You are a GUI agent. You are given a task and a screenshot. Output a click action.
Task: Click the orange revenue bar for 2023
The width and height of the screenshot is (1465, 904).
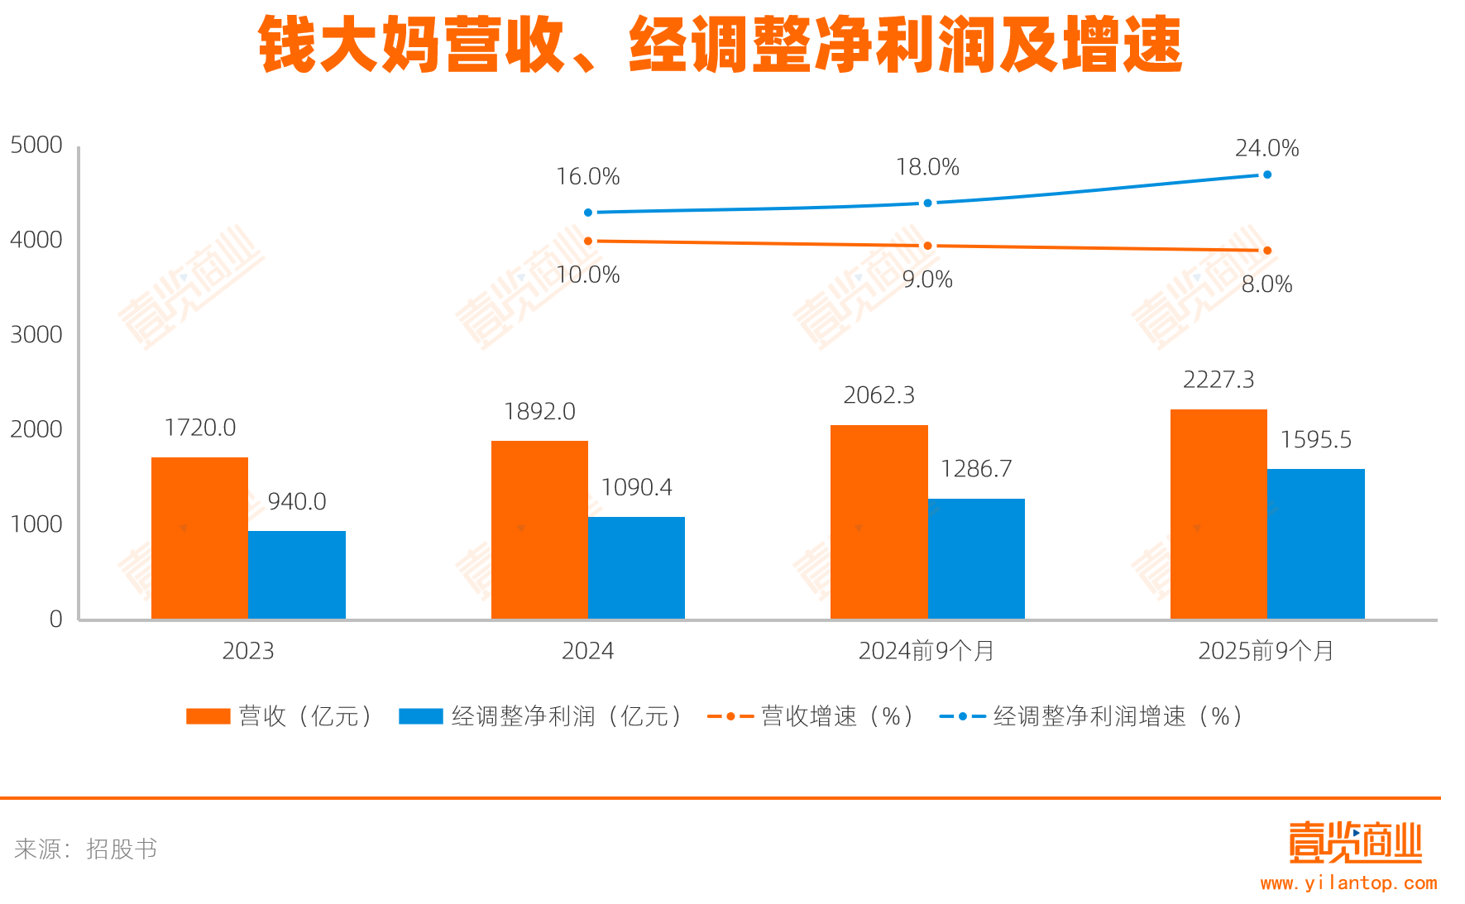(199, 538)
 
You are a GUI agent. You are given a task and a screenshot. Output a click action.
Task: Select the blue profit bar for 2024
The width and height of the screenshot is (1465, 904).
(636, 567)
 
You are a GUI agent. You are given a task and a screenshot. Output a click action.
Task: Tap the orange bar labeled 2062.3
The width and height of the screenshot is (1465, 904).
(879, 521)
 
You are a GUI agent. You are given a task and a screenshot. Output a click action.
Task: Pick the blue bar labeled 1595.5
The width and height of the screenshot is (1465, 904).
(1315, 543)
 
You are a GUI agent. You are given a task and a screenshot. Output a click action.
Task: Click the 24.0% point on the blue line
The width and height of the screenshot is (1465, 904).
(1266, 175)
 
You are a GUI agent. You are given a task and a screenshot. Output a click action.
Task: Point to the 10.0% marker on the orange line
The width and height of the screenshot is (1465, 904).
(588, 241)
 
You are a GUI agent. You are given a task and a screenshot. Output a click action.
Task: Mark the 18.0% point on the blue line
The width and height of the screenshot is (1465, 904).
(927, 203)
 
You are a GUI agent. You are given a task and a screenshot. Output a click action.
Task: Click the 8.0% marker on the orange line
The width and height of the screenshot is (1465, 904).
(1266, 251)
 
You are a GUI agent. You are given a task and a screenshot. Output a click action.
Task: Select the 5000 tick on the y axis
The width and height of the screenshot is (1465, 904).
(36, 145)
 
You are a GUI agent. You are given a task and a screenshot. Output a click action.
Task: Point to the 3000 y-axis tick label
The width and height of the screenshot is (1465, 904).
(36, 334)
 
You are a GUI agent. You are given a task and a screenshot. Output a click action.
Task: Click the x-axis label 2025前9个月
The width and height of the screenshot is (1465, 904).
(1266, 651)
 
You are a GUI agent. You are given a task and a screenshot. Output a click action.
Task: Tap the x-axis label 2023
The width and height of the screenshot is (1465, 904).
(248, 651)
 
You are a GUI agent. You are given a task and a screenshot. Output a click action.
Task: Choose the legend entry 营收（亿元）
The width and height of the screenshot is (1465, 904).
(281, 716)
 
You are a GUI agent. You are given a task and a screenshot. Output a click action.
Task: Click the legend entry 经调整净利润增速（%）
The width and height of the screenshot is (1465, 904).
(1092, 716)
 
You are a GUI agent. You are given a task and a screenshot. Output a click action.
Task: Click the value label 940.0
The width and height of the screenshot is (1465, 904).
(297, 501)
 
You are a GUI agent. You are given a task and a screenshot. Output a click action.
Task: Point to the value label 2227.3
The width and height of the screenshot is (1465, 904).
(1218, 380)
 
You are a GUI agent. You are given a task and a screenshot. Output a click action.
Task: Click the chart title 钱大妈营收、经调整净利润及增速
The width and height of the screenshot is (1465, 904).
(720, 45)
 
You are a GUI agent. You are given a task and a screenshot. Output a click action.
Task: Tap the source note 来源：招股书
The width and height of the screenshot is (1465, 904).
(86, 849)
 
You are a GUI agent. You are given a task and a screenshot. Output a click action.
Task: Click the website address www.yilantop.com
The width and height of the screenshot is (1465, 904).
(1348, 883)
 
